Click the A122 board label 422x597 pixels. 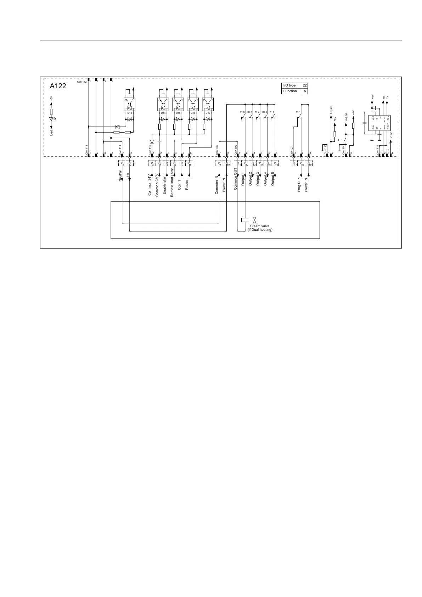tap(58, 86)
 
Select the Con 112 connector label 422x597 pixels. tap(81, 82)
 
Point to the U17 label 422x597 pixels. tap(208, 113)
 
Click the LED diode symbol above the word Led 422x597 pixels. tap(51, 119)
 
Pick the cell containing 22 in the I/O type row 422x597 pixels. tap(305, 85)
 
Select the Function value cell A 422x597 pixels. tap(305, 91)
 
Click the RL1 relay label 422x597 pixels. tap(298, 112)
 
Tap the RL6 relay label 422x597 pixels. tap(242, 112)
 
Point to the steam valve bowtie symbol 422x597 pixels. tap(254, 220)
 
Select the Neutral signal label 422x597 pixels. tap(120, 176)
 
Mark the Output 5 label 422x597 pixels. tap(273, 179)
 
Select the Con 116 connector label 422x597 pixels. tap(378, 148)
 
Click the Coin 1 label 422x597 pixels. tap(180, 184)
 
